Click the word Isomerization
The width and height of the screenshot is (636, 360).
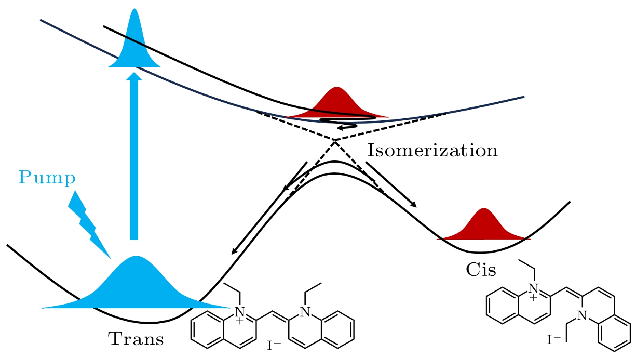(432, 151)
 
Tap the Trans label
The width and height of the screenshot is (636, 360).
(136, 339)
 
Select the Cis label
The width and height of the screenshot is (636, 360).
(481, 270)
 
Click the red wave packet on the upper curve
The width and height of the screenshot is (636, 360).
(337, 104)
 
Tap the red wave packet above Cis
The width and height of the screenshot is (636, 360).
(483, 226)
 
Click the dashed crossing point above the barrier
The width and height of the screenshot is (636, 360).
(335, 140)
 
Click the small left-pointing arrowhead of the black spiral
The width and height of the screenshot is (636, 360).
(340, 128)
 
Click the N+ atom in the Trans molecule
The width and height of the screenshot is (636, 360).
(240, 312)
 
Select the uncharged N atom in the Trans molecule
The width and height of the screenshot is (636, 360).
(305, 312)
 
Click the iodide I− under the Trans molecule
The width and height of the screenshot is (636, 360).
(274, 345)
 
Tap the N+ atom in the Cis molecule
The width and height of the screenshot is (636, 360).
(534, 289)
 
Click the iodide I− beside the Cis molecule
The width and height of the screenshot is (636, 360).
(554, 340)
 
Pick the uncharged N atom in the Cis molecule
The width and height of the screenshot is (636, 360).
(582, 316)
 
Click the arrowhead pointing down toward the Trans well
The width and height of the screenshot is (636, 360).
(234, 252)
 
